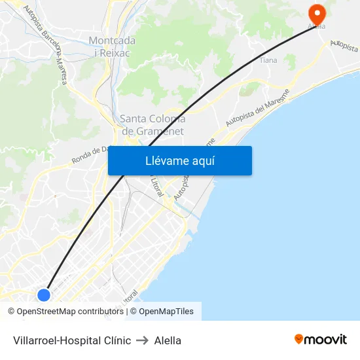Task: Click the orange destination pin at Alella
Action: [x=317, y=13]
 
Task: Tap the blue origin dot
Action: [x=44, y=295]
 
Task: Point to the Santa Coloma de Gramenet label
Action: [x=153, y=124]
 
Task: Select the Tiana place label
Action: [x=268, y=60]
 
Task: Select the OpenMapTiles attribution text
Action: [x=166, y=312]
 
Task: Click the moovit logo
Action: [x=321, y=340]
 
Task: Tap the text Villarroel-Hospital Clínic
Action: [x=72, y=340]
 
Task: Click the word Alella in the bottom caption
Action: [x=168, y=340]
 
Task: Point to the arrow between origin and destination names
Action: [x=143, y=340]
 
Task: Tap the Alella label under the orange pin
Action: [x=317, y=27]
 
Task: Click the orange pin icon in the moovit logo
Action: [x=299, y=339]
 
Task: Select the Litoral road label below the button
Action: [x=156, y=187]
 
